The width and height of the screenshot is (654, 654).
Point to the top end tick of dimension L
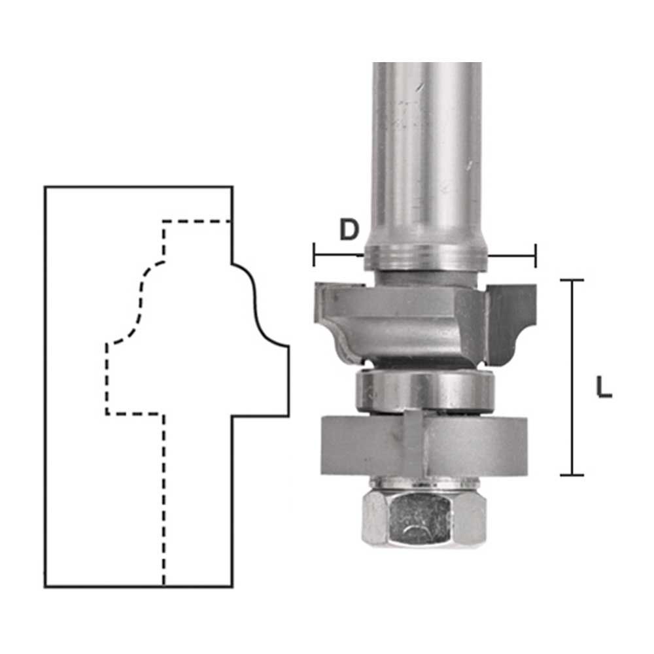572,281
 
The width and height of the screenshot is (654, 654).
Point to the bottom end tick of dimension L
572,475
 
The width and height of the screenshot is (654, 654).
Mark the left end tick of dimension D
314,255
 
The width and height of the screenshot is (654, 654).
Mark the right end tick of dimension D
535,255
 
